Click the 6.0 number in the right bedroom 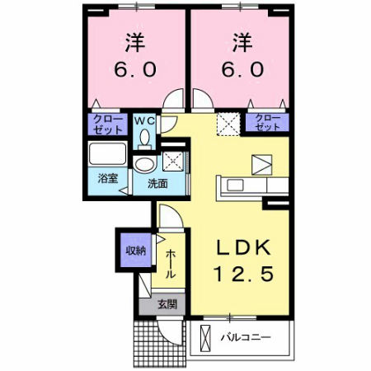[240, 70]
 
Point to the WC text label [144, 121]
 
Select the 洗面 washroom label [157, 183]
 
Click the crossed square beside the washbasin [173, 160]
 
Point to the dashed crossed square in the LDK [227, 124]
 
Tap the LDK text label [245, 247]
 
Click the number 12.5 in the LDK [245, 272]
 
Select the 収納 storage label [134, 251]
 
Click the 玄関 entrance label [166, 304]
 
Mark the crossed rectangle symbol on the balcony [203, 336]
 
